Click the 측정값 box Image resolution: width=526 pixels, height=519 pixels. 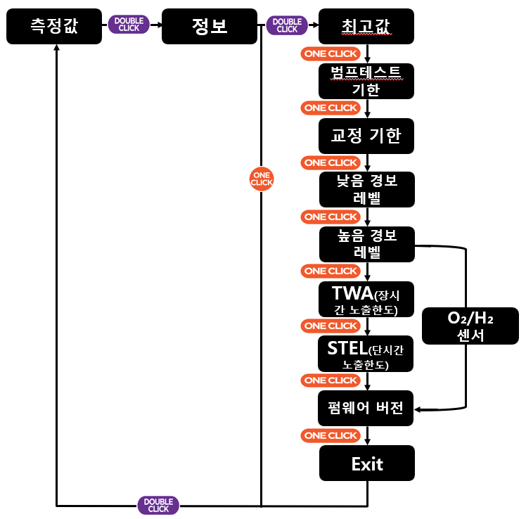click(x=54, y=26)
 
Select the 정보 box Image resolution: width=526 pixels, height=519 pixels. click(x=210, y=26)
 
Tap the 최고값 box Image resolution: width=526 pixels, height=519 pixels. click(x=366, y=26)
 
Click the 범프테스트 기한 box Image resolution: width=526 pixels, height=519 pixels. click(x=366, y=81)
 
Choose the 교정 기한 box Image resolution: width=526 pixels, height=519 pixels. click(x=366, y=136)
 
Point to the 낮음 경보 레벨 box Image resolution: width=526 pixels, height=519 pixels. click(x=366, y=189)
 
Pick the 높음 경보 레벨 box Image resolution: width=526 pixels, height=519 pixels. click(x=366, y=244)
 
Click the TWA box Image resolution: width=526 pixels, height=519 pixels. click(x=366, y=300)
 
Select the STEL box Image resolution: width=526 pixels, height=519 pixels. click(x=365, y=354)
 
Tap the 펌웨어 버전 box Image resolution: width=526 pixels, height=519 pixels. click(x=365, y=408)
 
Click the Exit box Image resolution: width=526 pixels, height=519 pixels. click(x=366, y=463)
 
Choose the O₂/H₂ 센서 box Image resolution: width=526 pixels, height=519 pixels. click(x=470, y=326)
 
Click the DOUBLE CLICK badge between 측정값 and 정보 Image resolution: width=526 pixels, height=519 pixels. click(x=129, y=25)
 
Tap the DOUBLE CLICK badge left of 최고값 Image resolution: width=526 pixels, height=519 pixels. click(x=287, y=25)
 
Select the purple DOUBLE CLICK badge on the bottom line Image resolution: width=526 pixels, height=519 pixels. click(x=158, y=505)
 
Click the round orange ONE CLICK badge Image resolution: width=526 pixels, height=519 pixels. click(x=262, y=179)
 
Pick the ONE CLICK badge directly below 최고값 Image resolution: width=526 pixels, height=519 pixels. click(x=331, y=53)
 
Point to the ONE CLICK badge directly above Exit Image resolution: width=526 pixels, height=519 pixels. click(x=331, y=435)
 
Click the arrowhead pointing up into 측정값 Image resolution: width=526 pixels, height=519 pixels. click(x=57, y=47)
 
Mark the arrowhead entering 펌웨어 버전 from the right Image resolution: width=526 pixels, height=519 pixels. click(x=417, y=409)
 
